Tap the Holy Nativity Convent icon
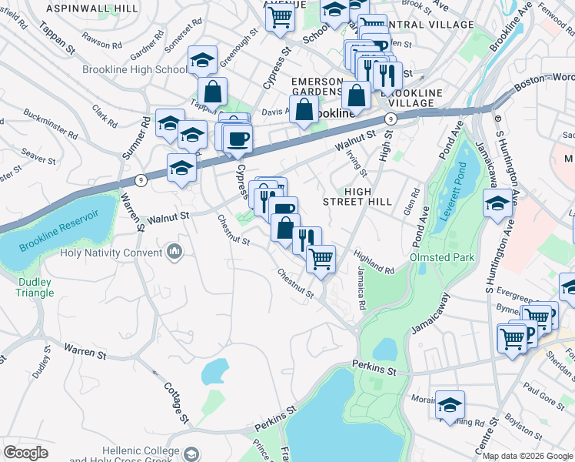pyautogui.click(x=174, y=252)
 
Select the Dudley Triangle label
pyautogui.click(x=35, y=286)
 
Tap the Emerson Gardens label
pyautogui.click(x=317, y=87)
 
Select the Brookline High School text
pyautogui.click(x=135, y=69)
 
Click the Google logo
pyautogui.click(x=25, y=453)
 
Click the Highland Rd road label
pyautogui.click(x=374, y=261)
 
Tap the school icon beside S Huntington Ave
pyautogui.click(x=497, y=204)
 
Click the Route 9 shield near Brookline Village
pyautogui.click(x=391, y=118)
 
